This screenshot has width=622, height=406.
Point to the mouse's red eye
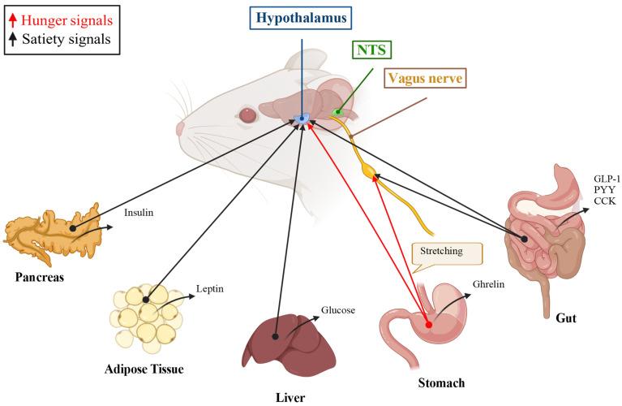[x=247, y=115]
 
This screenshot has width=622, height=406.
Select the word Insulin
[x=138, y=214]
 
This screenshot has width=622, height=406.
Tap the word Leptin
[x=210, y=288]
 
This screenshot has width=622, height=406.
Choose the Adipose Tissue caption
[x=144, y=369]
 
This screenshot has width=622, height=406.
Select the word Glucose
[x=338, y=309]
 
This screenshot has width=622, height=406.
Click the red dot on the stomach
[x=427, y=322]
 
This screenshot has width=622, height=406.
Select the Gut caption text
[x=565, y=318]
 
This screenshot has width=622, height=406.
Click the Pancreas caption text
[x=39, y=277]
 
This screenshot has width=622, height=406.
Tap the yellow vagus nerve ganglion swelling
[x=372, y=173]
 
